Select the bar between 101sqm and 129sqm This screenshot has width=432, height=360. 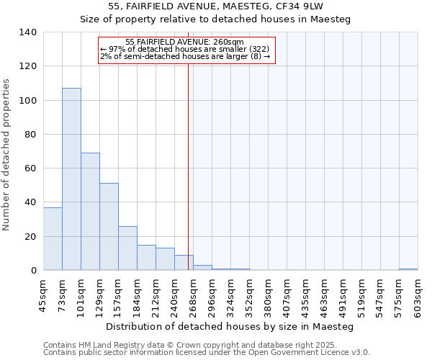tap(90, 212)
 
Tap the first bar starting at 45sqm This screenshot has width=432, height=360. tap(53, 238)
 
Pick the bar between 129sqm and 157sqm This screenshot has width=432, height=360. tap(109, 227)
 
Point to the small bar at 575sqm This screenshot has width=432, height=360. tap(408, 269)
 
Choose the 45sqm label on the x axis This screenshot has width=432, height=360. tap(44, 294)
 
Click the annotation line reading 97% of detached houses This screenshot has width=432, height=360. tap(185, 49)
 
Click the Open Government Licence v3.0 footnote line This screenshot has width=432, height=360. tap(206, 352)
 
